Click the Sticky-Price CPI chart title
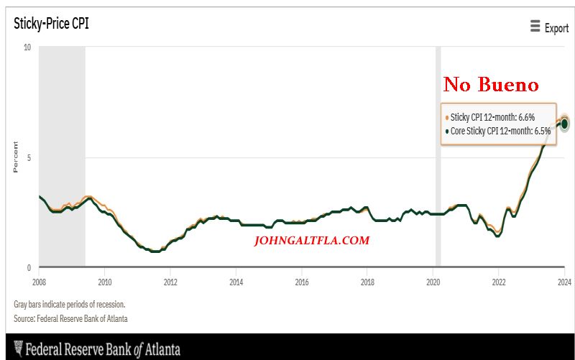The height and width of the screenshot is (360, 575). pyautogui.click(x=52, y=23)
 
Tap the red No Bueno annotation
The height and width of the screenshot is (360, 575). pyautogui.click(x=491, y=85)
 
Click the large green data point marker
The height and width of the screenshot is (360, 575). pyautogui.click(x=565, y=124)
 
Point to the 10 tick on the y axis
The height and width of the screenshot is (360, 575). pyautogui.click(x=27, y=47)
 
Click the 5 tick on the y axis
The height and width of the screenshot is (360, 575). pyautogui.click(x=28, y=157)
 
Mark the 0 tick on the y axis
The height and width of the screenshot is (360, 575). pyautogui.click(x=28, y=267)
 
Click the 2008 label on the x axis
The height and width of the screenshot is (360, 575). pyautogui.click(x=39, y=281)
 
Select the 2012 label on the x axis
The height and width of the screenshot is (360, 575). pyautogui.click(x=170, y=281)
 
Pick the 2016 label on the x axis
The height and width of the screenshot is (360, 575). pyautogui.click(x=302, y=281)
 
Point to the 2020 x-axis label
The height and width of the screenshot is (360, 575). pyautogui.click(x=433, y=281)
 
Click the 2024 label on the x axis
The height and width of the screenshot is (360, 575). pyautogui.click(x=563, y=281)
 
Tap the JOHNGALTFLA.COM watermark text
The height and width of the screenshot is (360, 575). pyautogui.click(x=312, y=241)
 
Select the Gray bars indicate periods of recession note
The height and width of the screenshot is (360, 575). pyautogui.click(x=69, y=304)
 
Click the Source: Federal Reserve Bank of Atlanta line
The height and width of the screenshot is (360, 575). pyautogui.click(x=70, y=318)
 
